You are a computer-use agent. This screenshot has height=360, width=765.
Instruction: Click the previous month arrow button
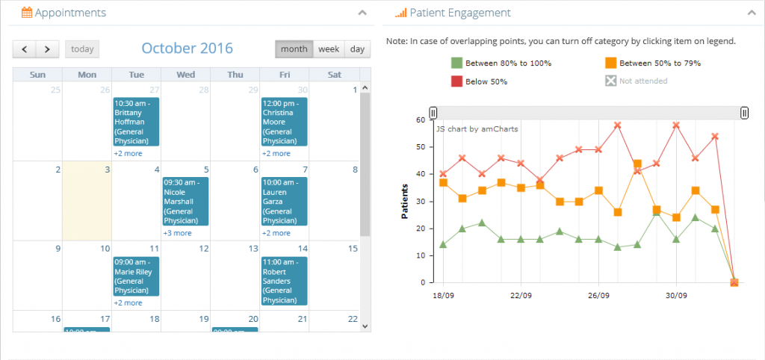coord(24,49)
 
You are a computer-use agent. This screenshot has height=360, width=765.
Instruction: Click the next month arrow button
coord(47,49)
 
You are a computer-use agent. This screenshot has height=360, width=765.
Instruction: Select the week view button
coord(329,49)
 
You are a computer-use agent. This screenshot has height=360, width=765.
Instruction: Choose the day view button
coord(358,49)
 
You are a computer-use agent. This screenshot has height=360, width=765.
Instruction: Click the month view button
coord(294,49)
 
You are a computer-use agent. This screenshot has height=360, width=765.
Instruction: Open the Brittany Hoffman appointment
coord(136,121)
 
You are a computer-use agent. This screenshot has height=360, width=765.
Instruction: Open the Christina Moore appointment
coord(284,121)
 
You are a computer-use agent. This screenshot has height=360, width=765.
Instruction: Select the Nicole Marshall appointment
coord(185,201)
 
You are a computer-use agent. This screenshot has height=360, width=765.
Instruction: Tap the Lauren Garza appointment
coord(284,201)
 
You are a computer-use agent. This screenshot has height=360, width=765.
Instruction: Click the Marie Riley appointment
coord(136,276)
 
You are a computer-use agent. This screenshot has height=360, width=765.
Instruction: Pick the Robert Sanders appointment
coord(284,281)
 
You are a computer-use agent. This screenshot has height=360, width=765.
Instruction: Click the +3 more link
coord(177,233)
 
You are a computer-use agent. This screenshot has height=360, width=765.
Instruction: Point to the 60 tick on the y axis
coord(421,120)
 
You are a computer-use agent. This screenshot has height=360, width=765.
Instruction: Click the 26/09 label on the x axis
coord(598,294)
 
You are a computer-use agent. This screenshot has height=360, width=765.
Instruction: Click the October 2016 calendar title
coord(187,49)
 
